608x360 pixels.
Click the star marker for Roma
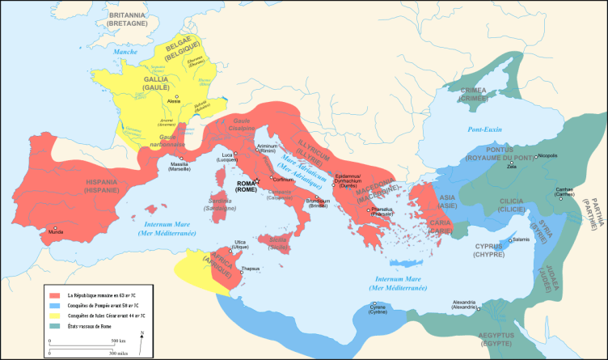tap(256, 180)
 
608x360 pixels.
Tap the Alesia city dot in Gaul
tap(177, 96)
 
